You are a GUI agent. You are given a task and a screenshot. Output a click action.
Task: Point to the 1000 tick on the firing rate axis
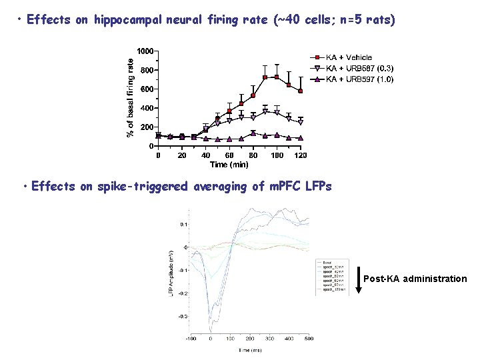145,51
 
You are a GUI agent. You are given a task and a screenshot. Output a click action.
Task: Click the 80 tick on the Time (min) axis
253,155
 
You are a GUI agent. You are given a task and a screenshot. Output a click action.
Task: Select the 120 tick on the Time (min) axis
301,155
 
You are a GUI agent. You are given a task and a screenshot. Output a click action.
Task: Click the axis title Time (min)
229,164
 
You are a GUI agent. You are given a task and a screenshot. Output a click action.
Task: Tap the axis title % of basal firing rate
131,96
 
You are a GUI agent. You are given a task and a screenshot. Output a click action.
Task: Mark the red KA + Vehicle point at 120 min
301,91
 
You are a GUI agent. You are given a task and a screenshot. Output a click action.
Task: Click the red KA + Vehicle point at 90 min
265,77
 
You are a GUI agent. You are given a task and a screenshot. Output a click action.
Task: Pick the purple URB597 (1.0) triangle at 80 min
253,133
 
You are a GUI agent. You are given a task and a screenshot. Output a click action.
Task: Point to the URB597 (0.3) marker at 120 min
301,123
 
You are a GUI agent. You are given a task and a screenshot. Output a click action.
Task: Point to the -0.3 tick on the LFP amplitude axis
181,316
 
